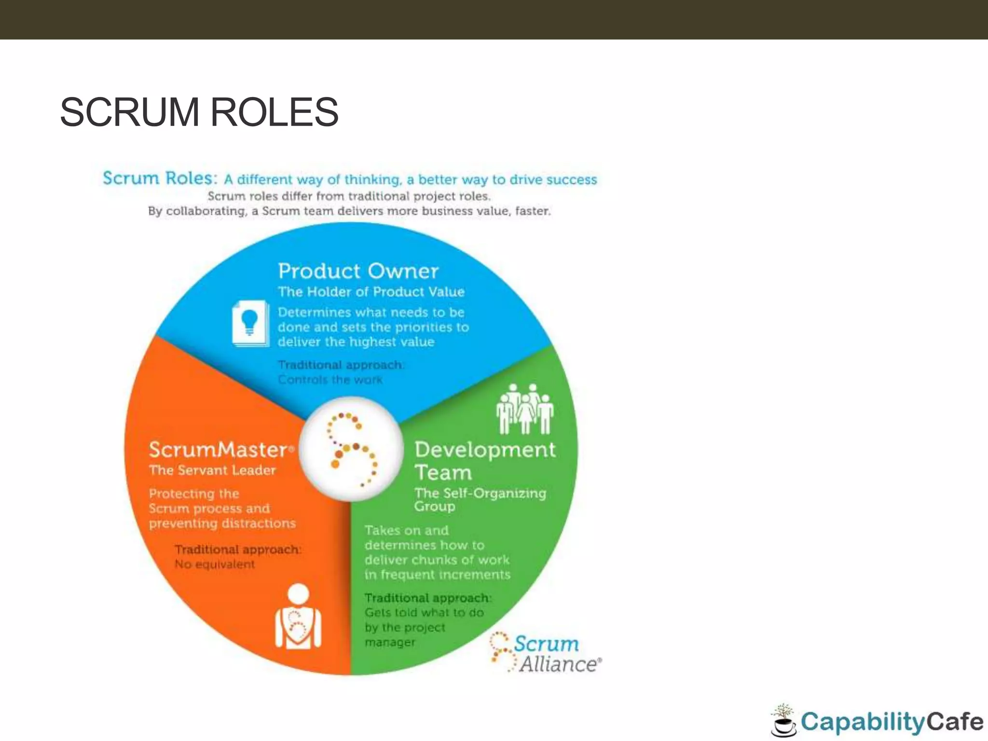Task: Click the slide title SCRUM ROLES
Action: [x=199, y=112]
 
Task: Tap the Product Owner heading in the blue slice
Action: [x=358, y=271]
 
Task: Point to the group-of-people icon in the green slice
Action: [x=525, y=409]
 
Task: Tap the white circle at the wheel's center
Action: [x=351, y=449]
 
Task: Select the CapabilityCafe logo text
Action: [x=892, y=722]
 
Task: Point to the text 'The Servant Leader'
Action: [x=212, y=470]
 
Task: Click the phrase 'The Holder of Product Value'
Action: [x=371, y=292]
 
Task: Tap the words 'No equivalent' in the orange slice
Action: [x=215, y=564]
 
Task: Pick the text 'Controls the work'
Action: [x=330, y=380]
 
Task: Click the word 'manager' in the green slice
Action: [x=390, y=642]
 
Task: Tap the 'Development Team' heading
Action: [x=484, y=461]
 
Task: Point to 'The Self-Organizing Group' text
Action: [x=480, y=499]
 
